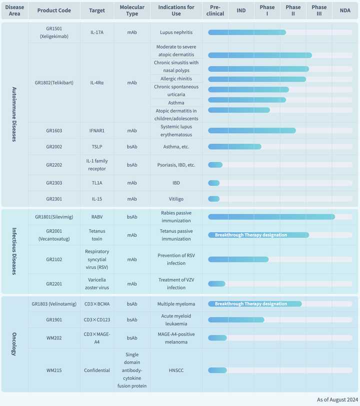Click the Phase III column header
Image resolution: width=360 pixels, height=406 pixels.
319,10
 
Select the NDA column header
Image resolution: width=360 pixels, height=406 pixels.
345,10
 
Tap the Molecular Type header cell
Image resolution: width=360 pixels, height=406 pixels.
132,10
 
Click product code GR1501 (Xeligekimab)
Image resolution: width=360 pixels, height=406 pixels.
53,32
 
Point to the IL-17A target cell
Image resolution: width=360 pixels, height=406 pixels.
97,32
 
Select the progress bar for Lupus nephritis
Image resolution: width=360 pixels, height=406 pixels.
247,32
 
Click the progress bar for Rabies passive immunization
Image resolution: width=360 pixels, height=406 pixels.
271,216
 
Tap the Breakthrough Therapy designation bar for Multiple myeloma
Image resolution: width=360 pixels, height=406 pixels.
255,303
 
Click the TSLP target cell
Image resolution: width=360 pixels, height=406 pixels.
97,147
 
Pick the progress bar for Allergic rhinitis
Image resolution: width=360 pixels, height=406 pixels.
257,79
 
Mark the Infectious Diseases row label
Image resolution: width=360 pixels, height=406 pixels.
14,251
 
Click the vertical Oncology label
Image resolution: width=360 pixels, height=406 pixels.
14,344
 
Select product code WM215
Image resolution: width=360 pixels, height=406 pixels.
53,370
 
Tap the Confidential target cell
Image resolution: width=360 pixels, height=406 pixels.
97,370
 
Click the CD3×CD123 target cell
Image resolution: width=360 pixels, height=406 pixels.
97,320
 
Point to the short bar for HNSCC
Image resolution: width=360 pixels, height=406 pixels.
217,370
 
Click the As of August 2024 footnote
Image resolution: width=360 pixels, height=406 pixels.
337,399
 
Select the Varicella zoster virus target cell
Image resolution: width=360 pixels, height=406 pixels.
97,283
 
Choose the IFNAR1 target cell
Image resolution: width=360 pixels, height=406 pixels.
97,131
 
